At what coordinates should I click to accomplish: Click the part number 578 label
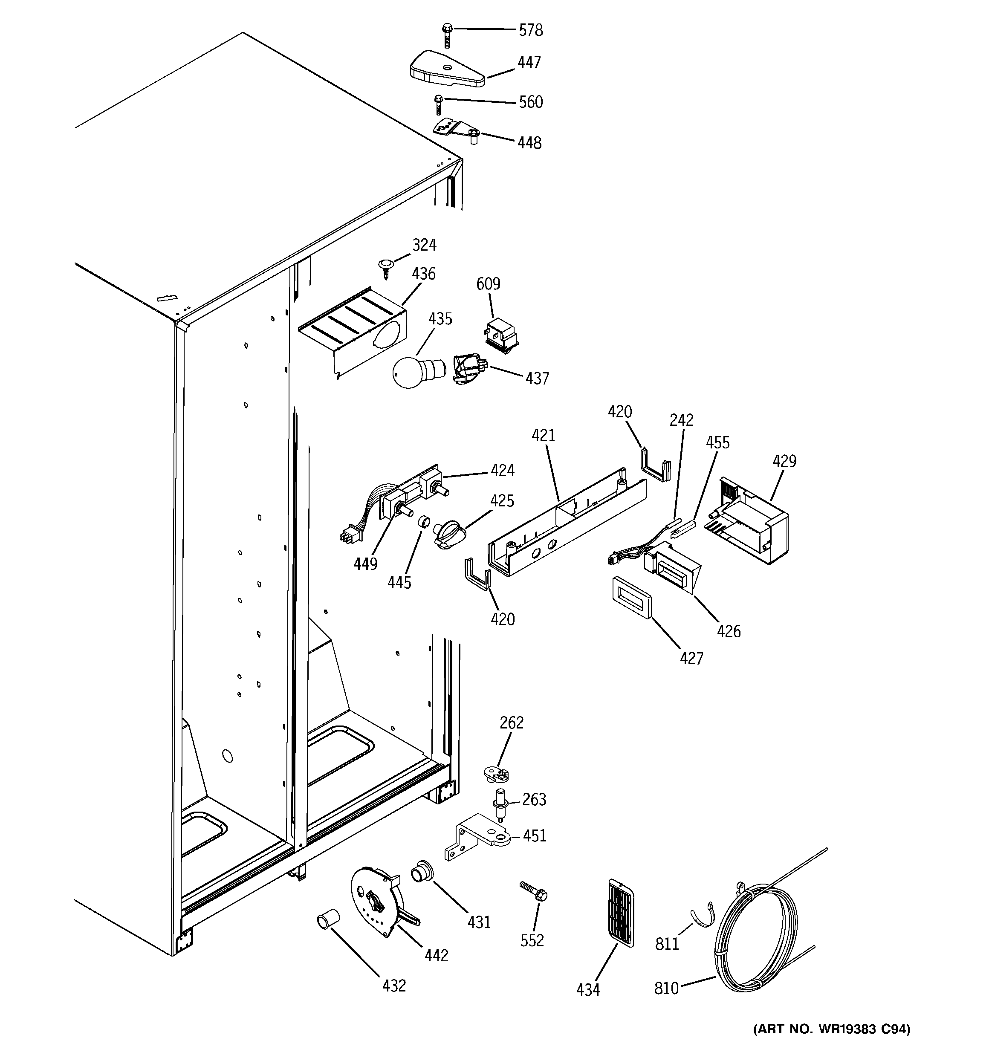pos(530,31)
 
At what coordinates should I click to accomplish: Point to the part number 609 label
pos(488,284)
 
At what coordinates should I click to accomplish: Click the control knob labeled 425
pos(447,533)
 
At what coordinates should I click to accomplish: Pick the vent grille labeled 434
pos(620,912)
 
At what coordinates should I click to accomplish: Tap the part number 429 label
pos(784,461)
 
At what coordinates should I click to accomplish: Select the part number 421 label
pos(543,436)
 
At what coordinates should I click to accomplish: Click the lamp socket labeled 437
pos(469,369)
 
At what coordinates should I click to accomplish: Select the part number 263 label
pos(534,799)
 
